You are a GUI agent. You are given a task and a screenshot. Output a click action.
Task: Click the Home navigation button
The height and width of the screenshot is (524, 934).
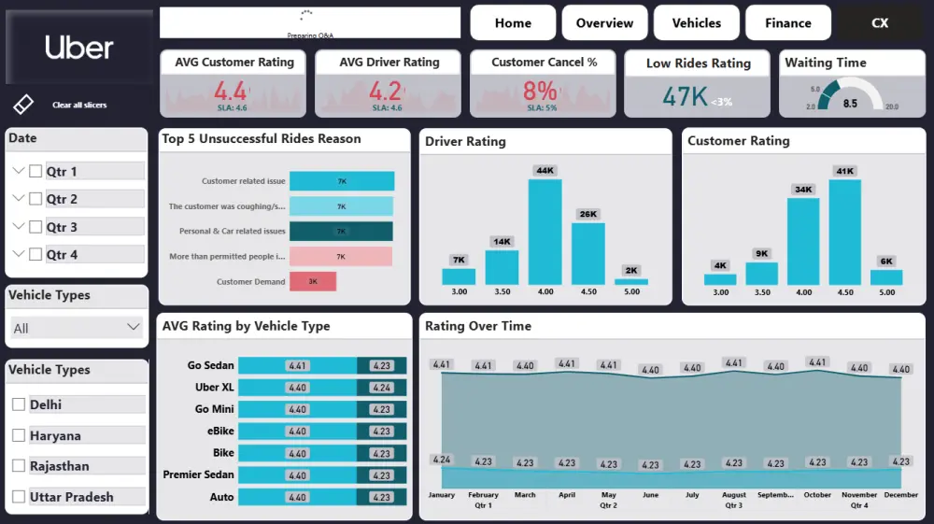click(513, 23)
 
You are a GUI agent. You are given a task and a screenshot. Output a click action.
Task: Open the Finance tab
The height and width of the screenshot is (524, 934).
click(787, 23)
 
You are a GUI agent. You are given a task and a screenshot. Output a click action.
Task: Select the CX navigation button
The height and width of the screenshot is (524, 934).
click(880, 23)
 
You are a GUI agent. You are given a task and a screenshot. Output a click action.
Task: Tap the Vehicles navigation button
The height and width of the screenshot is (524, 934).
click(696, 23)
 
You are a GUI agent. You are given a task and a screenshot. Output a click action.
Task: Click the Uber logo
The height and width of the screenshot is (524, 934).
click(79, 48)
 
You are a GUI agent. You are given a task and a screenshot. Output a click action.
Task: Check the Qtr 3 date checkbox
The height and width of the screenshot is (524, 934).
click(35, 227)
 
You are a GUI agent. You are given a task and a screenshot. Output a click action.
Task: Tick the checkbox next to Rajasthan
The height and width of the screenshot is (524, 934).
click(19, 466)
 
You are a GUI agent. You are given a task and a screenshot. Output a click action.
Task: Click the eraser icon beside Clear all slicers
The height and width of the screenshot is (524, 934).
click(24, 104)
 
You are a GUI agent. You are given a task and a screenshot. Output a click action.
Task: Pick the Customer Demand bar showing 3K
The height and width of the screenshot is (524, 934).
click(313, 281)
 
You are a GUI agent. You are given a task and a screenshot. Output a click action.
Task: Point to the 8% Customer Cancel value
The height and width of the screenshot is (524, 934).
click(540, 91)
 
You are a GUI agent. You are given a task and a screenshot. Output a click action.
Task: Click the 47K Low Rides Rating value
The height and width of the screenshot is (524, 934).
click(686, 96)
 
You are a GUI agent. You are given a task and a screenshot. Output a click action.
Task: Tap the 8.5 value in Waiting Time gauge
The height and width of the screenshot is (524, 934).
click(850, 104)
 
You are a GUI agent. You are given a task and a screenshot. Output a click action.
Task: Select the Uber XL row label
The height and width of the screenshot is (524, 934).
click(214, 387)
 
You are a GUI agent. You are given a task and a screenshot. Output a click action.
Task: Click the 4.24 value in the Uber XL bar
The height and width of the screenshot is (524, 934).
click(381, 388)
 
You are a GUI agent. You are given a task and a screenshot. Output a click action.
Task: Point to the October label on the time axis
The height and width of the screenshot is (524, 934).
click(817, 495)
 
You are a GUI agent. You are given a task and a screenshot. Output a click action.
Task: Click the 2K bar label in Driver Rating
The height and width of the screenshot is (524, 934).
click(631, 271)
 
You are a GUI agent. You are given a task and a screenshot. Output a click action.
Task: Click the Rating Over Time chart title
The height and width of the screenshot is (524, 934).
click(478, 326)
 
